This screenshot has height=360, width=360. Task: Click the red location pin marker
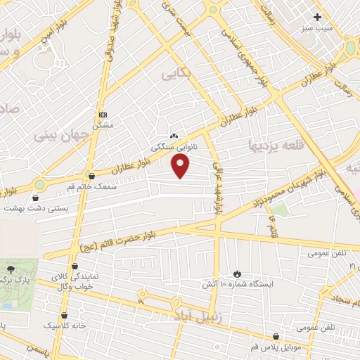[x=181, y=166]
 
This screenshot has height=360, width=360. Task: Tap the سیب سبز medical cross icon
[x=318, y=17]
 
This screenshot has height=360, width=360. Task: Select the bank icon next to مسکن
[x=103, y=113]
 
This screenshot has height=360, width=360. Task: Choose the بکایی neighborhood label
[x=176, y=72]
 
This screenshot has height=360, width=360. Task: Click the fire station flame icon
[x=237, y=273]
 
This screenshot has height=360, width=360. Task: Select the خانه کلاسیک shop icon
[x=65, y=315]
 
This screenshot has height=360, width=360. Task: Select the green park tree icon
[x=10, y=269]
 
